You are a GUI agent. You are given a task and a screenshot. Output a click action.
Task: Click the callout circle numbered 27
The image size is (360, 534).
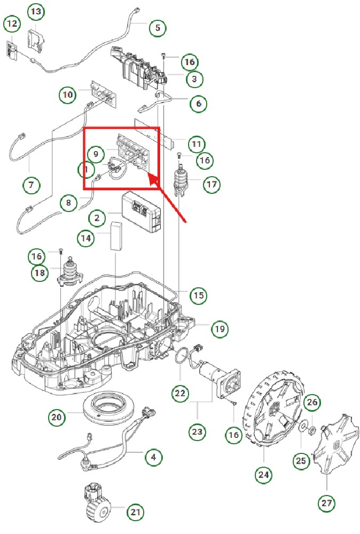[326, 502]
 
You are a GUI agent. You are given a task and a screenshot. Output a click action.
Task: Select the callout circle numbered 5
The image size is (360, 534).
[158, 27]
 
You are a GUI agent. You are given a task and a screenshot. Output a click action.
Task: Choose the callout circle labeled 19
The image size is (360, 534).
[219, 329]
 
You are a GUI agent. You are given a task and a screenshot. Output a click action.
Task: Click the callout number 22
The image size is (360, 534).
[181, 394]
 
